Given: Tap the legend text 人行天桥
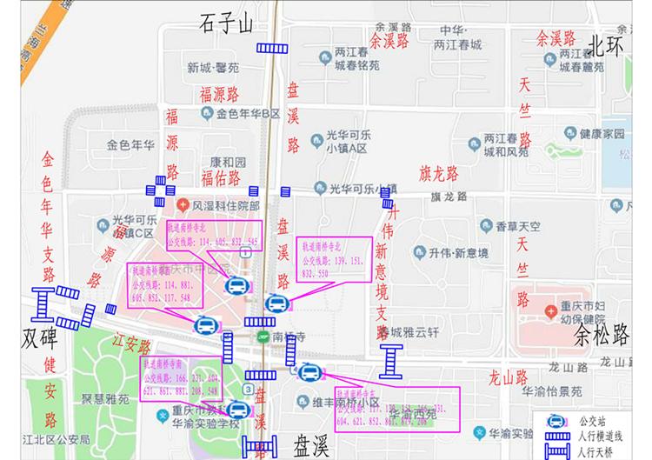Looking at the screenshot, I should (x=596, y=451).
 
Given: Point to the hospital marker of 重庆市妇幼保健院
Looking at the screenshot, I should (x=549, y=311).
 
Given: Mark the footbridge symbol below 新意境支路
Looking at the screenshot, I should (x=392, y=360).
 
